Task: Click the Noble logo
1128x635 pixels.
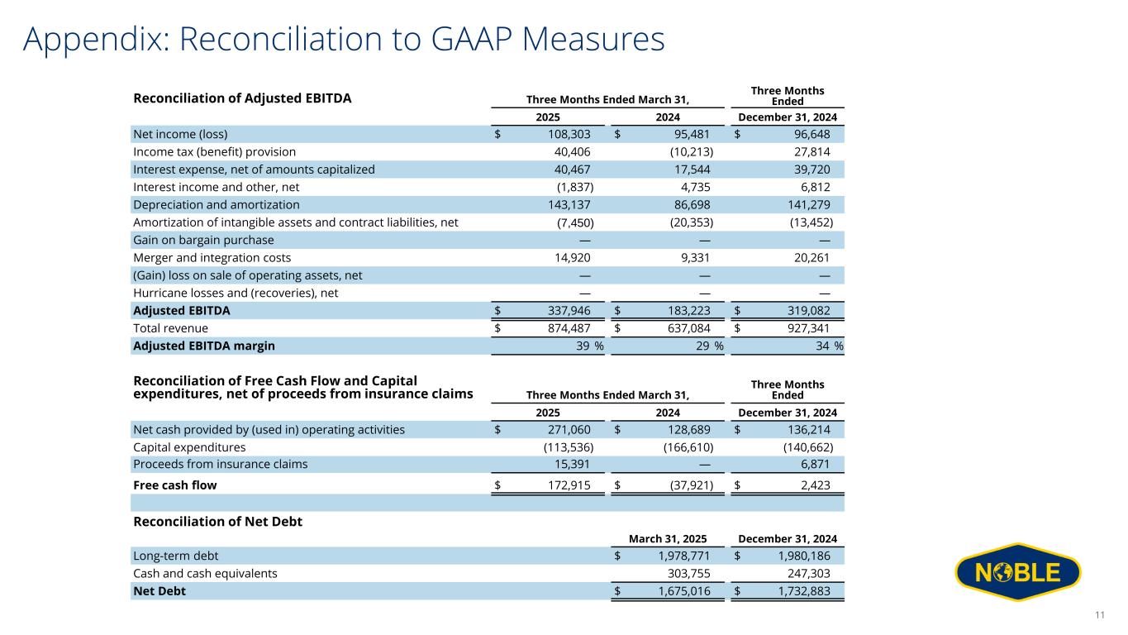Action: pyautogui.click(x=1017, y=572)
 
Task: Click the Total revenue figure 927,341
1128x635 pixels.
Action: pyautogui.click(x=802, y=328)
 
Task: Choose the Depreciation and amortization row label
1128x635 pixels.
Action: pyautogui.click(x=217, y=204)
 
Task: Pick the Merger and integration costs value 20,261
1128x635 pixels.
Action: pyautogui.click(x=809, y=257)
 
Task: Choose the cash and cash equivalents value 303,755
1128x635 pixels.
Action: pyautogui.click(x=690, y=573)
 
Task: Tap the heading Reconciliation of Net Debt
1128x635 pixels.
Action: pyautogui.click(x=217, y=522)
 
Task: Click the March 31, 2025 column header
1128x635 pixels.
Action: pyautogui.click(x=667, y=539)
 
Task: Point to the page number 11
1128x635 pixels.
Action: pyautogui.click(x=1099, y=614)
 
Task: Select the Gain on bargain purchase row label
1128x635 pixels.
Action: pyautogui.click(x=203, y=240)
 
